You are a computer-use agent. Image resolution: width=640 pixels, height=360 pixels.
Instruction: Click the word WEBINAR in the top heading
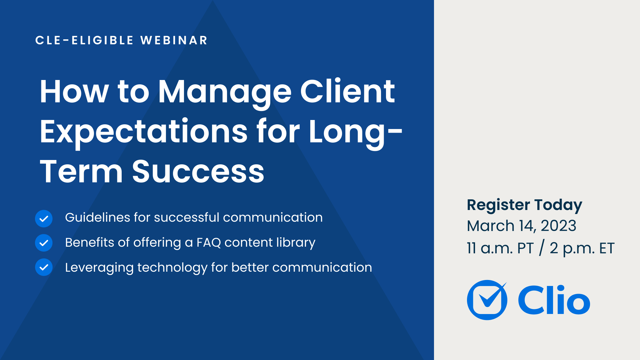(x=174, y=40)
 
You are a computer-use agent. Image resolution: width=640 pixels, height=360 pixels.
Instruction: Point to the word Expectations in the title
(x=144, y=132)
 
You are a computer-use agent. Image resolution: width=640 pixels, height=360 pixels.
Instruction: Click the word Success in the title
(x=198, y=172)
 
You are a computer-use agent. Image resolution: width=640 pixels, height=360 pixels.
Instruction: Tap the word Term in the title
(x=81, y=172)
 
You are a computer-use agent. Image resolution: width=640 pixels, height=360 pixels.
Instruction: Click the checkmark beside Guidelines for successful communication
(x=44, y=219)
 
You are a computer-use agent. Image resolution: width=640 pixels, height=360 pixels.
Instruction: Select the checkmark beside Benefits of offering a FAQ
(x=44, y=243)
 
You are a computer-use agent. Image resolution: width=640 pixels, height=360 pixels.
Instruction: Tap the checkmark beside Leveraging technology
(x=44, y=267)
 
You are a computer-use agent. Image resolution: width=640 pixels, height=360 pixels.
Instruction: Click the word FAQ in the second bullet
(x=208, y=243)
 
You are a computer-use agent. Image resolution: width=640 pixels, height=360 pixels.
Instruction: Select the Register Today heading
(x=524, y=205)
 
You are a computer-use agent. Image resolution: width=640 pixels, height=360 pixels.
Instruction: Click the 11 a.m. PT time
(x=500, y=248)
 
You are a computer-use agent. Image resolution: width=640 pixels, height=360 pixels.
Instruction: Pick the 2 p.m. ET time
(x=582, y=248)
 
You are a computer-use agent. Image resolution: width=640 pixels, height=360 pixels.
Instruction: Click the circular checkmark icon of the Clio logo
(x=487, y=300)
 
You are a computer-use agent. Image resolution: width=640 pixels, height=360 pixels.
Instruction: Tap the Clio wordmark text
(x=554, y=300)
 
